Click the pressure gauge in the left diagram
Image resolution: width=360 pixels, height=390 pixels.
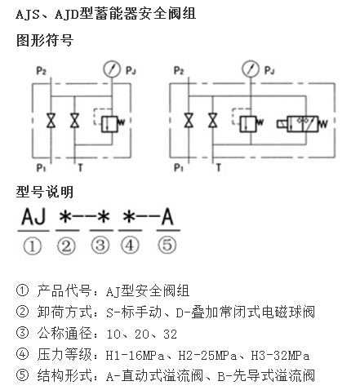pyautogui.click(x=112, y=69)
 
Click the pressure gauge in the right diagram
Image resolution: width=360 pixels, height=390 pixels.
pyautogui.click(x=251, y=69)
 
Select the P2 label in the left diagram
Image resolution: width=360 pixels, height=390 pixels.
pyautogui.click(x=42, y=71)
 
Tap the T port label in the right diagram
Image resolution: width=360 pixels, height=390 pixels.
pyautogui.click(x=219, y=168)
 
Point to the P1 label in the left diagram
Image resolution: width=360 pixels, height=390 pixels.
pyautogui.click(x=42, y=168)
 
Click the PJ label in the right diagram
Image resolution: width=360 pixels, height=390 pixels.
pyautogui.click(x=269, y=70)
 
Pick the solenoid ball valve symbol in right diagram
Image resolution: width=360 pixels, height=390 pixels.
pyautogui.click(x=302, y=124)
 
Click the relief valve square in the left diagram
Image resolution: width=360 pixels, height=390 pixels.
pyautogui.click(x=109, y=124)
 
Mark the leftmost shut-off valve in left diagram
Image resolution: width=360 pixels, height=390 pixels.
pyautogui.click(x=51, y=120)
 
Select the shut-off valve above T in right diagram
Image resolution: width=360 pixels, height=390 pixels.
pyautogui.click(x=213, y=120)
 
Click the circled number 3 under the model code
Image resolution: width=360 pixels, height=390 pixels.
pyautogui.click(x=100, y=246)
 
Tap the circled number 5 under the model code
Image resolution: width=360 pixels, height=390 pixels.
pyautogui.click(x=167, y=245)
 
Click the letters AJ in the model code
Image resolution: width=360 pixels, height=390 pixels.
pyautogui.click(x=33, y=217)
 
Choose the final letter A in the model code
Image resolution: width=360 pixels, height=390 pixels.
pyautogui.click(x=167, y=217)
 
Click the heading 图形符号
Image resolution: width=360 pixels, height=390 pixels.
pyautogui.click(x=45, y=40)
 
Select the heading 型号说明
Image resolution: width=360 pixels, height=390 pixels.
pyautogui.click(x=45, y=192)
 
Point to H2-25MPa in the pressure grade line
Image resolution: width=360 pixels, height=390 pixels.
pyautogui.click(x=207, y=356)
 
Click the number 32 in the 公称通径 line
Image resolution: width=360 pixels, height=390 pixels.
pyautogui.click(x=171, y=335)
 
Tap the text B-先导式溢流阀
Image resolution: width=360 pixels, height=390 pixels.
pyautogui.click(x=266, y=376)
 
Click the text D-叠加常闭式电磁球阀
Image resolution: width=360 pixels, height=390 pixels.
pyautogui.click(x=246, y=312)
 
